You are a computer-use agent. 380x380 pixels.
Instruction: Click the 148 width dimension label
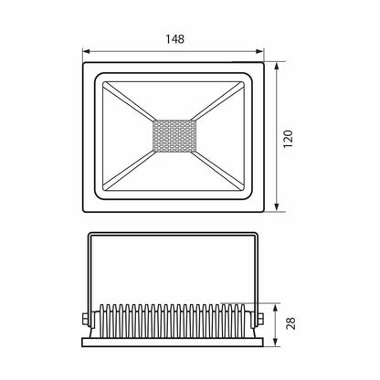[x=174, y=39]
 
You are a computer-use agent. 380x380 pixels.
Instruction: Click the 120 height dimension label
[x=288, y=139]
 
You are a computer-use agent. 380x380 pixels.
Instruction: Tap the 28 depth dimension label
[x=291, y=323]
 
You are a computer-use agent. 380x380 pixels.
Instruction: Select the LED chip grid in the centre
[x=174, y=136]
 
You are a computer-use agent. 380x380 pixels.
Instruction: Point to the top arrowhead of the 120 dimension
[x=277, y=67]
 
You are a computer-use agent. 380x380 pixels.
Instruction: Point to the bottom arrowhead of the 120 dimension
[x=277, y=207]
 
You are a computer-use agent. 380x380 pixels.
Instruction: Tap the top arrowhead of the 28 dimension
[x=275, y=308]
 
